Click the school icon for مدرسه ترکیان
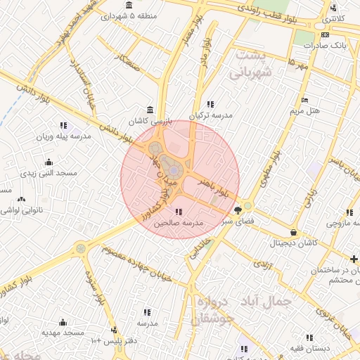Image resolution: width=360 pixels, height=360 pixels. click(x=210, y=104)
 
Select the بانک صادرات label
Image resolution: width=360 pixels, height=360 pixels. click(x=326, y=45)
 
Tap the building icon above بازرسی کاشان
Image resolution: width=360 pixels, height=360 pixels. click(x=149, y=109)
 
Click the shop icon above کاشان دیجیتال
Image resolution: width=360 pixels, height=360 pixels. click(x=293, y=232)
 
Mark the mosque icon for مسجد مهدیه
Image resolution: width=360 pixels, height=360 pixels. click(x=63, y=322)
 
